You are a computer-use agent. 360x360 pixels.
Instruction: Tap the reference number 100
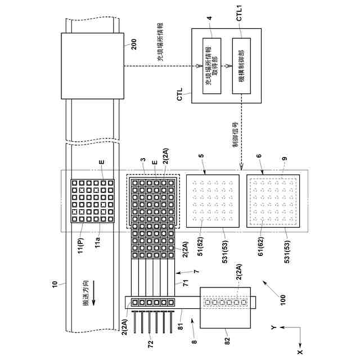point(282,298)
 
